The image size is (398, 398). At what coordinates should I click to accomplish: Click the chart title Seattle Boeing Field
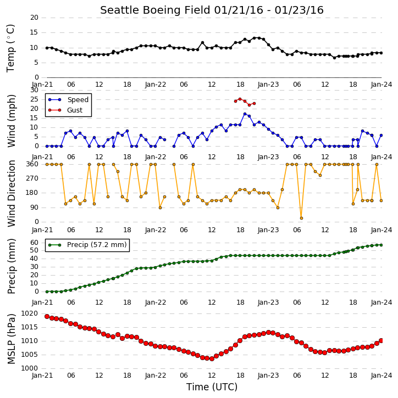pos(155,10)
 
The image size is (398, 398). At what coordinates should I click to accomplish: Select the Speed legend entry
pos(68,100)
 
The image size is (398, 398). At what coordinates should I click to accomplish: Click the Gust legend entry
pos(65,110)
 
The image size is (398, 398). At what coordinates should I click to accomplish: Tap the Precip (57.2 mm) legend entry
pos(87,245)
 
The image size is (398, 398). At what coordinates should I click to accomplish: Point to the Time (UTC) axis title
pos(212,387)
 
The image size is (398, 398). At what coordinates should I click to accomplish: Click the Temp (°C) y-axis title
pos(10,48)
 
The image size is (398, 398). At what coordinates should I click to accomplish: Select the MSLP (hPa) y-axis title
pos(11,339)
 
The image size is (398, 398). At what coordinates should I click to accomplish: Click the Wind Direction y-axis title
pos(12,193)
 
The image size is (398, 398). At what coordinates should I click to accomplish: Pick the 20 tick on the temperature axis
pos(34,18)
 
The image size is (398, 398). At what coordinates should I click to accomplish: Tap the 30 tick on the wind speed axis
pos(34,90)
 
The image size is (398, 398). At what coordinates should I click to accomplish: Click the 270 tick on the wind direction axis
pos(32,178)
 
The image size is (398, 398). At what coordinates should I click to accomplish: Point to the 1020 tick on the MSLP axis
pos(29,313)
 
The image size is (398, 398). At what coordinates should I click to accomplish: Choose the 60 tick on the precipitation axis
pos(34,243)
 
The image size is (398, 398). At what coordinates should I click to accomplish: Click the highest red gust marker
pos(240,99)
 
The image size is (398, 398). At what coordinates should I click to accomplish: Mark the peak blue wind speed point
pos(245,114)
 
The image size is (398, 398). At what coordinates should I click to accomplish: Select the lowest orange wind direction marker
pos(301,218)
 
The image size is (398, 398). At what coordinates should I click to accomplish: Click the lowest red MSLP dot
pos(212,358)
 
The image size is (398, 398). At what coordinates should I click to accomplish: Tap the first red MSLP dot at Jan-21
pos(47,317)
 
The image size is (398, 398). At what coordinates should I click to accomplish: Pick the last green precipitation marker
pos(381,245)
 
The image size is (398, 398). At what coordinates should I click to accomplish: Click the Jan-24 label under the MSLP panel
pos(381,375)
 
